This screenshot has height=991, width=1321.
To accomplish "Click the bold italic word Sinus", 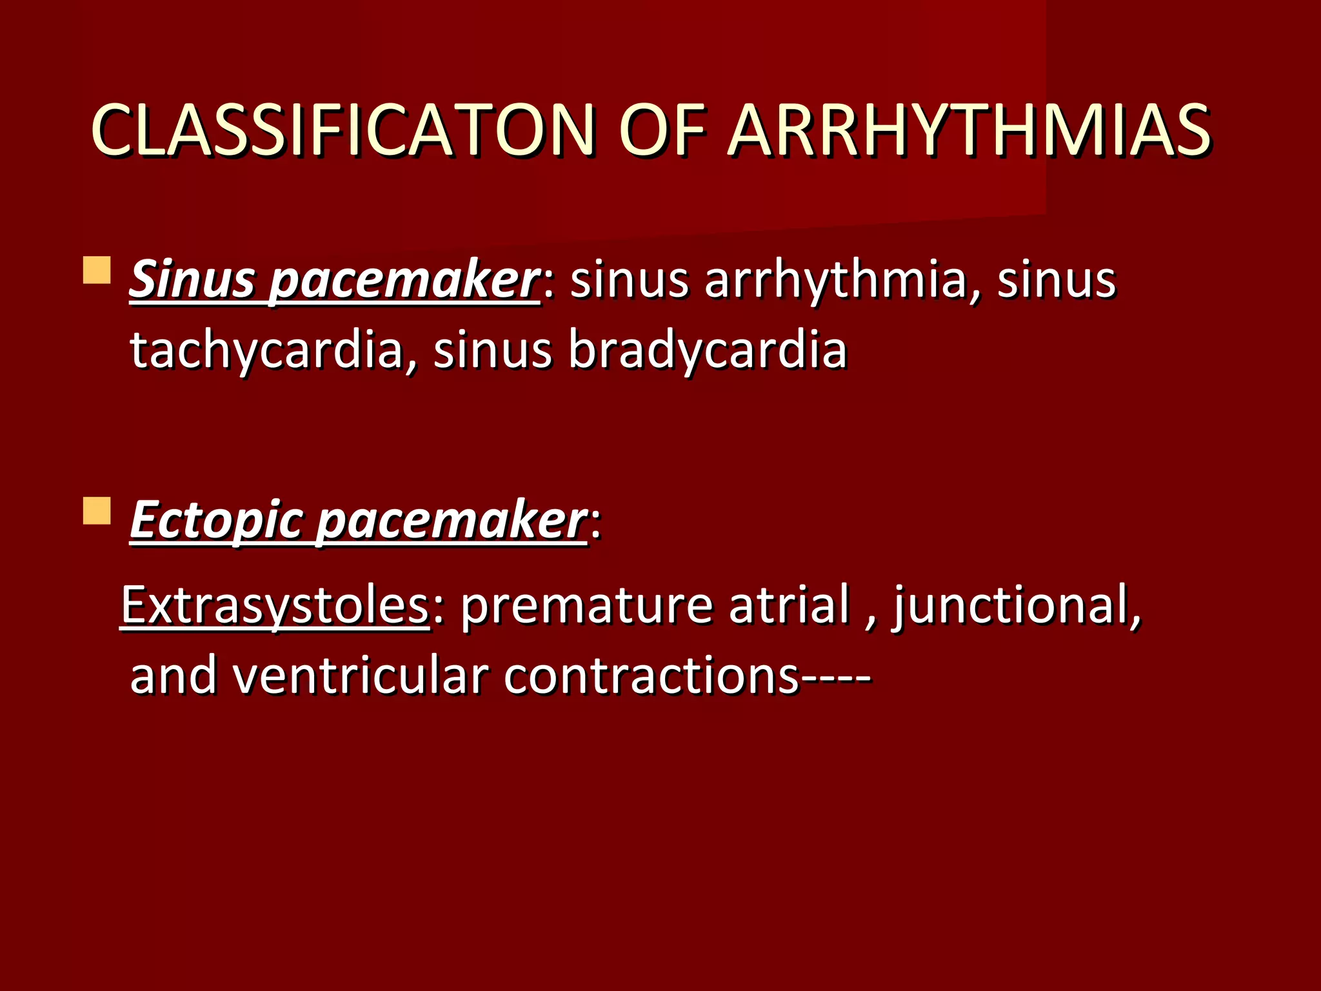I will coord(192,280).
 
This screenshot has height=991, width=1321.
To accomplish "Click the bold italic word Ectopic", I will coord(215,521).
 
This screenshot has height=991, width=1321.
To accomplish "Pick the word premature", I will coord(586,606).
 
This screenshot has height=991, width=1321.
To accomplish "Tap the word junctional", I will coord(1015,606).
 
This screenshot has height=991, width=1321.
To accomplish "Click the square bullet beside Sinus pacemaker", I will coord(97,270).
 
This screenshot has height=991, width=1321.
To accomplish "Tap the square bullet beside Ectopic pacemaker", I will coord(97,510).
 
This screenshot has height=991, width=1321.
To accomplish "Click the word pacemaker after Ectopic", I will coord(452,522).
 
